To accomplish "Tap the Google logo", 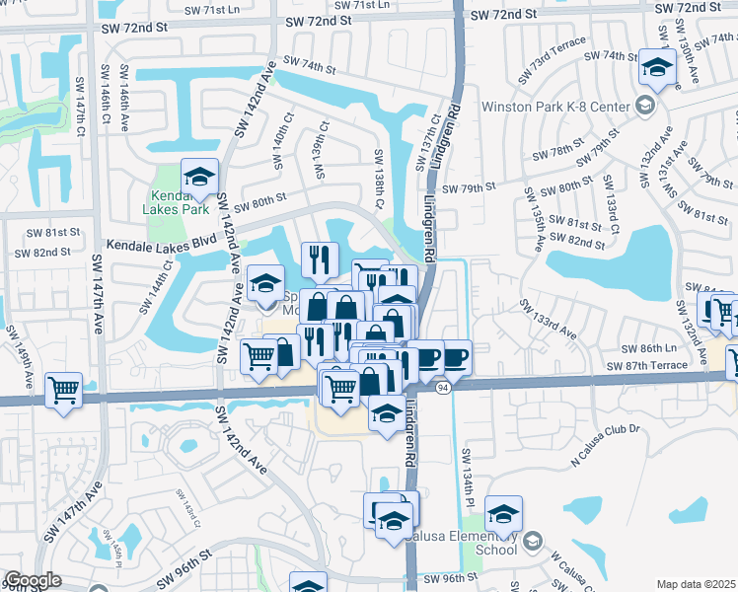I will pyautogui.click(x=32, y=580).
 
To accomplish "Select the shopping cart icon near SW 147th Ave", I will pyautogui.click(x=63, y=392).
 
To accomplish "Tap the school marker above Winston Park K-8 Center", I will pyautogui.click(x=656, y=68).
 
